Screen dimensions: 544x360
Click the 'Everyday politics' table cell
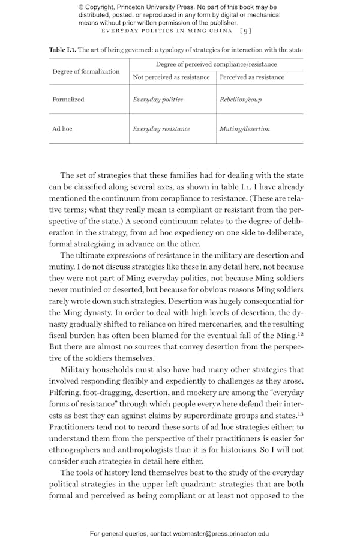[x=158, y=100]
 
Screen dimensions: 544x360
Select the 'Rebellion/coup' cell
[x=241, y=100]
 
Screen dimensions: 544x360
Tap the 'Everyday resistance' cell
[x=161, y=129]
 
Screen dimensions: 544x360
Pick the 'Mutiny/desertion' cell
[x=245, y=129]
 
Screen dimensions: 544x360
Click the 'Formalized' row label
[x=68, y=100]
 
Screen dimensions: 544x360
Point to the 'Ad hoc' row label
[x=62, y=129]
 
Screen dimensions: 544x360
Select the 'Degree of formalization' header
[x=86, y=72]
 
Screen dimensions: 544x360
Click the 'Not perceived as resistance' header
[x=171, y=77]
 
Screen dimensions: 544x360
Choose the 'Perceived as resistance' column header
[x=252, y=77]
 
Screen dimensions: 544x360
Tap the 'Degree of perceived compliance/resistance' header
[x=216, y=64]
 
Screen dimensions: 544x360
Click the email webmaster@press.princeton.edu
[x=221, y=533]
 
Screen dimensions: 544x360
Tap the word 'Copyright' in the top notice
[x=105, y=7]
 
